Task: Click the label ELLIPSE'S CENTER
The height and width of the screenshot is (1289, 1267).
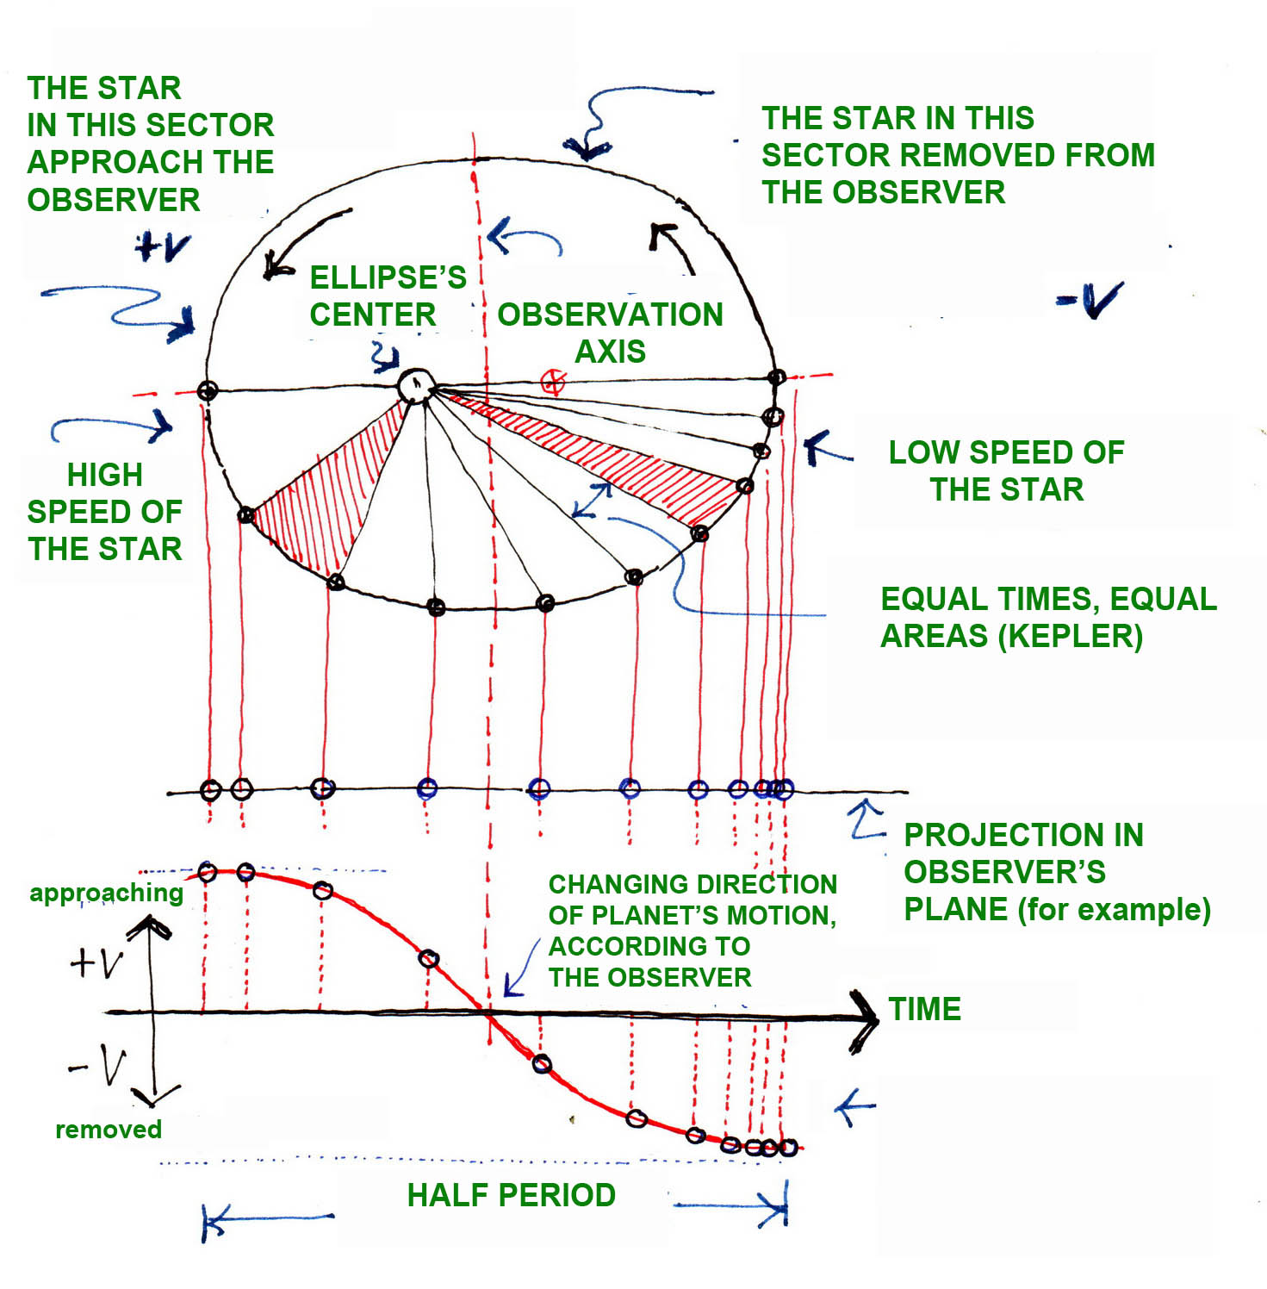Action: [388, 296]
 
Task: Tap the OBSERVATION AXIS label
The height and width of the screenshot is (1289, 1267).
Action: [610, 333]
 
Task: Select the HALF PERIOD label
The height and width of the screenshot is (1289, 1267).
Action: [511, 1195]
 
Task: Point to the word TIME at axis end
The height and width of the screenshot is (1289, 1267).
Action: [924, 1009]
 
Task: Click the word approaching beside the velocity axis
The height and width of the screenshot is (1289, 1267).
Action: [106, 893]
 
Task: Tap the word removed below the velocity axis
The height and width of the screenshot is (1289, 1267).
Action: [109, 1129]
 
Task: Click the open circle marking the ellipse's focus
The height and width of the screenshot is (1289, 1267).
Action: [416, 385]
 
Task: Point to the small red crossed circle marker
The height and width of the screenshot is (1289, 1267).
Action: [553, 382]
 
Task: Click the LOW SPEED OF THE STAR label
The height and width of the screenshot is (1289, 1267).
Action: [1006, 470]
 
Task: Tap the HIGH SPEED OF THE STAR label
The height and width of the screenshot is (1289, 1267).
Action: [104, 511]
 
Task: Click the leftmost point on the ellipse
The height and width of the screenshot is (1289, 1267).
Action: [207, 391]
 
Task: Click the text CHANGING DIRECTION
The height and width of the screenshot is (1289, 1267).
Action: [693, 884]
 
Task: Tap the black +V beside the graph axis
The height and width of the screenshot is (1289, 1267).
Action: [97, 962]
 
